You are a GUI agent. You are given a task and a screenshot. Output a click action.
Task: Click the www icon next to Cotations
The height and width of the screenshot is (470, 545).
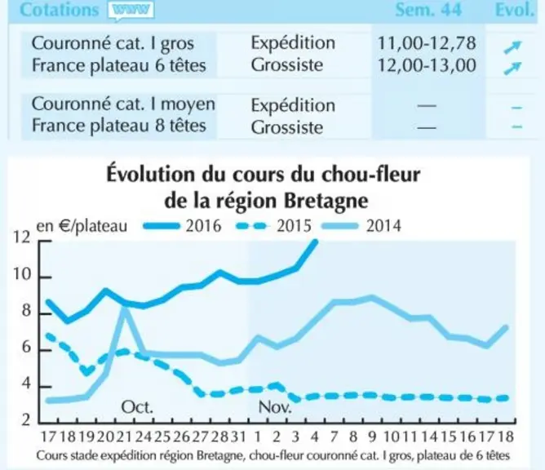coord(131,10)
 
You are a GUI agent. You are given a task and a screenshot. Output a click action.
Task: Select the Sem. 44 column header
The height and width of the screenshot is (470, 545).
coord(428,9)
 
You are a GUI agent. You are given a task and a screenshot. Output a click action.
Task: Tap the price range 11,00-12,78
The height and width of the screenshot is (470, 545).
coord(427,43)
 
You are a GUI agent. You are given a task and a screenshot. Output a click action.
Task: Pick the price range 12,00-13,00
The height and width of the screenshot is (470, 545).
coord(427,65)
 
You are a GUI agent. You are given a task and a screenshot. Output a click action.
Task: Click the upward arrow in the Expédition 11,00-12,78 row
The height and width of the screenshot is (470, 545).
coord(513,47)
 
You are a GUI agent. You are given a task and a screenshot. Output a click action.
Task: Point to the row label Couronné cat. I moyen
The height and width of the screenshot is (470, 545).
coord(123,104)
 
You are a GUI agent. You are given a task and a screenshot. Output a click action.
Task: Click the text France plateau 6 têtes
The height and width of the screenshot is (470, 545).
coord(119,65)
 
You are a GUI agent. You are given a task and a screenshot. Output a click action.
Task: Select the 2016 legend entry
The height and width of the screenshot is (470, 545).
coord(182,226)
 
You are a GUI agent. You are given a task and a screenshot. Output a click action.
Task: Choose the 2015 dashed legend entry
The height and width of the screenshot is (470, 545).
coord(273,226)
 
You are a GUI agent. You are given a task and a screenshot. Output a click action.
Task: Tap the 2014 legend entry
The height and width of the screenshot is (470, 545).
coord(361,226)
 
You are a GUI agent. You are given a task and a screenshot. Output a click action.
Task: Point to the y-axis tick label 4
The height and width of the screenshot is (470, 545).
coord(26,384)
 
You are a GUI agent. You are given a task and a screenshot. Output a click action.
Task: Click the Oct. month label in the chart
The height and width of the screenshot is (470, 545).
coord(137,406)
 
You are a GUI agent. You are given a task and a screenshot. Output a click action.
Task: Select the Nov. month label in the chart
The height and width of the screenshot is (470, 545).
coord(275,406)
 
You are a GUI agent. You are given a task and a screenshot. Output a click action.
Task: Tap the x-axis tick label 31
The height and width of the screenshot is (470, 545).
coord(238,437)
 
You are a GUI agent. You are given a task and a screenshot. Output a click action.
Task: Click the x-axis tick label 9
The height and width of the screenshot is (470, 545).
coord(372,437)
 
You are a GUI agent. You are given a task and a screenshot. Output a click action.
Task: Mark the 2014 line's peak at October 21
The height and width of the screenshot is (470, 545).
coord(124,308)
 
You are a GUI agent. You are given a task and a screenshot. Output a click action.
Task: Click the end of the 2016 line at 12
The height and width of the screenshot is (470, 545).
coord(316,242)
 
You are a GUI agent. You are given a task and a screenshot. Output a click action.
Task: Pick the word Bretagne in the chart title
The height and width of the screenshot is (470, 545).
coord(326,202)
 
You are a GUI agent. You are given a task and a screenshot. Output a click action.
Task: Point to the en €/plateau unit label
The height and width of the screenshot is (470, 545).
coord(82,226)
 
